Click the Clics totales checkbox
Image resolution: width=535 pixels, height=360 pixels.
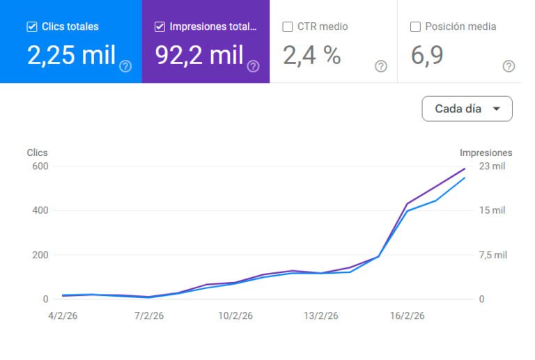click(x=31, y=27)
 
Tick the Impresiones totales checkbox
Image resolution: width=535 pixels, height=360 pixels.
click(x=160, y=27)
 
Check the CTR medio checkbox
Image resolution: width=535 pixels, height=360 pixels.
click(x=288, y=27)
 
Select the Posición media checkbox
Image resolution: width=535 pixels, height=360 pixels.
click(x=415, y=27)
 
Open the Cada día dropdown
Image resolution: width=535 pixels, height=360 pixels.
click(x=467, y=109)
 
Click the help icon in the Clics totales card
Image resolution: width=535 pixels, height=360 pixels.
click(x=125, y=66)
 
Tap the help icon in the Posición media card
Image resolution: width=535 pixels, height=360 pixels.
click(x=509, y=66)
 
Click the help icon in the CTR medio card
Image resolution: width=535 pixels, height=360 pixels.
click(x=381, y=66)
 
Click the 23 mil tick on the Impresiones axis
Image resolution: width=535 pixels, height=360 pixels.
click(x=492, y=166)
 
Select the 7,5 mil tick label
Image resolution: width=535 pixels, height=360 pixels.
click(x=493, y=255)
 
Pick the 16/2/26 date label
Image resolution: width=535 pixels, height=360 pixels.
click(x=407, y=315)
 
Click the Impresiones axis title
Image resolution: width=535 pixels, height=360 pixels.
click(x=486, y=152)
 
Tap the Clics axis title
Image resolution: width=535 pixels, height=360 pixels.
click(x=37, y=152)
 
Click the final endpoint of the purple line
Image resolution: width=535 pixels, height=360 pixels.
click(x=465, y=168)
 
